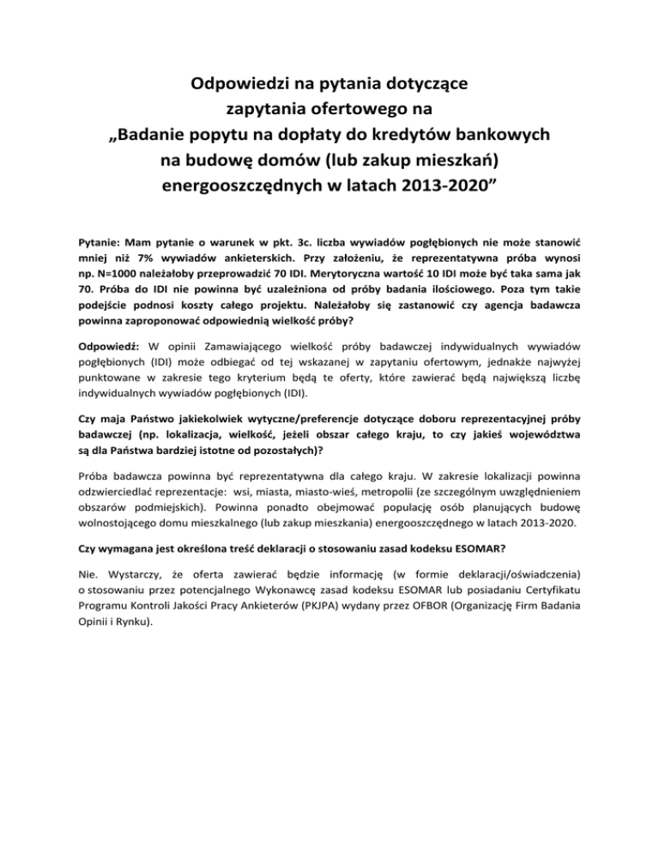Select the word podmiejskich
172,506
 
